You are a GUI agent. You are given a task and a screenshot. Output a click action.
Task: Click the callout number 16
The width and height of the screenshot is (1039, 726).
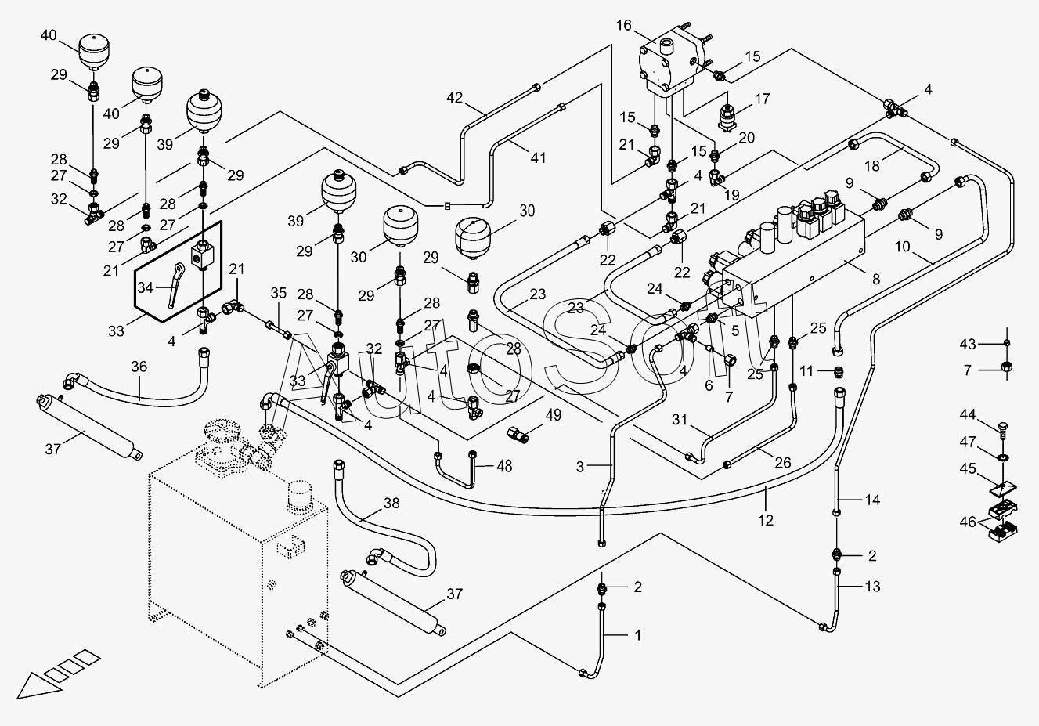(624, 25)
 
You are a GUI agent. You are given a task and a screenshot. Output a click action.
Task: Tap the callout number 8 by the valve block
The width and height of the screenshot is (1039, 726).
(876, 279)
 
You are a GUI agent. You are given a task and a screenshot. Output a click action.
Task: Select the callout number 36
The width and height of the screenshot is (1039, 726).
(139, 367)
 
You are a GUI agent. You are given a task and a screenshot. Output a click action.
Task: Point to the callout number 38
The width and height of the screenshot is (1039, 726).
(392, 503)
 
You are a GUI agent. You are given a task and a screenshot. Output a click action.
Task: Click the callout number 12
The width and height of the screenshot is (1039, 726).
(766, 521)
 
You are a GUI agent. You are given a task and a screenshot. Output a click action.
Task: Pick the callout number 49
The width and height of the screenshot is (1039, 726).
(554, 414)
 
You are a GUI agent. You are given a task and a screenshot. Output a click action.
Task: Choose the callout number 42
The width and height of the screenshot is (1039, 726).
(455, 98)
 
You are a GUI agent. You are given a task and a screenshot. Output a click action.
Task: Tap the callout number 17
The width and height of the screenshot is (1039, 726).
(762, 99)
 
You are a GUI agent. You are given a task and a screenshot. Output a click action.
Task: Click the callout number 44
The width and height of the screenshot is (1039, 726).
(968, 414)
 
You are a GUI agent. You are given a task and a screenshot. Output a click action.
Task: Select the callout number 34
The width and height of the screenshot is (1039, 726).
(145, 287)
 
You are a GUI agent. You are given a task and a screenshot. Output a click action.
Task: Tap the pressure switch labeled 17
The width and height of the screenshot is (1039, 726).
(726, 117)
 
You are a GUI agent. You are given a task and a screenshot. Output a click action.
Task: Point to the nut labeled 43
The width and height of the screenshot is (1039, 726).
(1007, 342)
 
